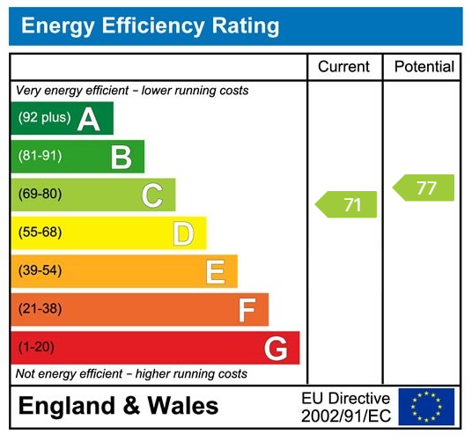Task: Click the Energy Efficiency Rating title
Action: [x=150, y=26]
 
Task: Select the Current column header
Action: [x=343, y=67]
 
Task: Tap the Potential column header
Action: [x=424, y=67]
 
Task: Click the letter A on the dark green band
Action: [x=88, y=119]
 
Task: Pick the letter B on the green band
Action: [x=121, y=157]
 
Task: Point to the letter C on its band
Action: [x=152, y=195]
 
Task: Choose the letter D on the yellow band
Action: [x=183, y=233]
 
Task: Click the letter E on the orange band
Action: [x=215, y=272]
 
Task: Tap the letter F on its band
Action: [x=247, y=310]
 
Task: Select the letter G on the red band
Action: [x=276, y=349]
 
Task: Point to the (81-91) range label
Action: [x=41, y=157]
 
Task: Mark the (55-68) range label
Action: [x=41, y=233]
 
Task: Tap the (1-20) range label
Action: [x=37, y=348]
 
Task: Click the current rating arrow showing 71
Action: [x=346, y=205]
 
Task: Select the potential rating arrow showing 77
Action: [x=424, y=188]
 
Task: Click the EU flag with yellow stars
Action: [x=426, y=406]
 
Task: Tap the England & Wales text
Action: [x=118, y=406]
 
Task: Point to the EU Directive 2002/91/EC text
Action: [x=345, y=406]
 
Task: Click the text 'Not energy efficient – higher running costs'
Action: [x=132, y=374]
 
